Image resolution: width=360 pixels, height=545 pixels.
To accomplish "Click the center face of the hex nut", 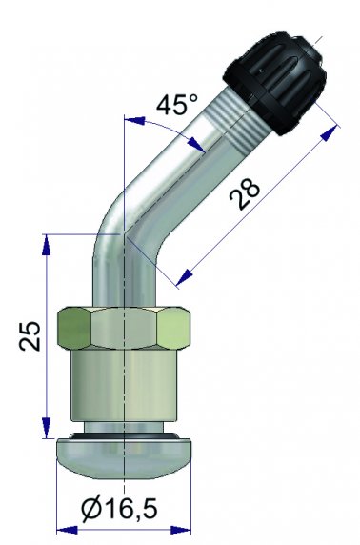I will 125,328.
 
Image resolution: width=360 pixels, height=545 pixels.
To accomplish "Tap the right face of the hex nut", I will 174,329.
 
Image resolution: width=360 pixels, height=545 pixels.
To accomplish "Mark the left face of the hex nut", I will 74,329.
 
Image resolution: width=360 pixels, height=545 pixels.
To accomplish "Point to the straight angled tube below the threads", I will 171,172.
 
